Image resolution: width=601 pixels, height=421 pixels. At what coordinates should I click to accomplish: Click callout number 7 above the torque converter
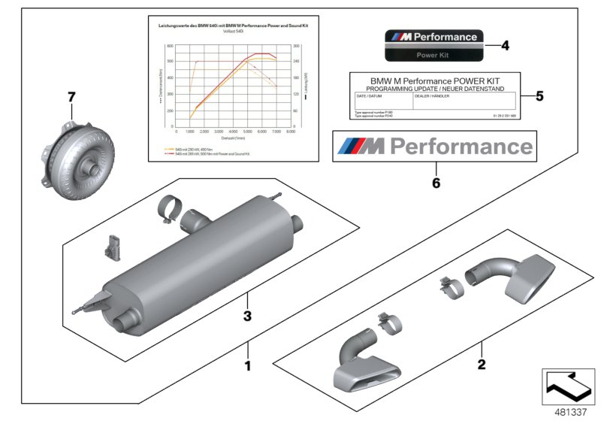72,97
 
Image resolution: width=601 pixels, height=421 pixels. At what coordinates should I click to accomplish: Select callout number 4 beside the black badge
504,45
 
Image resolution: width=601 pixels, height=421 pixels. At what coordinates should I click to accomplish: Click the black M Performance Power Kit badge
431,46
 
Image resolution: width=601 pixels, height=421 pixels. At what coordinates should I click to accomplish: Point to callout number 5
539,96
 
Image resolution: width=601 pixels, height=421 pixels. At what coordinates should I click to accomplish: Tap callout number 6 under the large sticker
433,182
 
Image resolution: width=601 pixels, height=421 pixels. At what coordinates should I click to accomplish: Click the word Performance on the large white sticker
463,146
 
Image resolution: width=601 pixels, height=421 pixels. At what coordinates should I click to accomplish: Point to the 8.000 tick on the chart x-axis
289,131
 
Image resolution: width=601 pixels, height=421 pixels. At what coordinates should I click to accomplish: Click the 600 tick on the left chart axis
170,46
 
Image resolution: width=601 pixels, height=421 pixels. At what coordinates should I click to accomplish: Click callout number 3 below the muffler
246,316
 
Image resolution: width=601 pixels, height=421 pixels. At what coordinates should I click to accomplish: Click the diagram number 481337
569,412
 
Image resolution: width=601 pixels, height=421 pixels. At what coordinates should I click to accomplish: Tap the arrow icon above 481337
569,387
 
